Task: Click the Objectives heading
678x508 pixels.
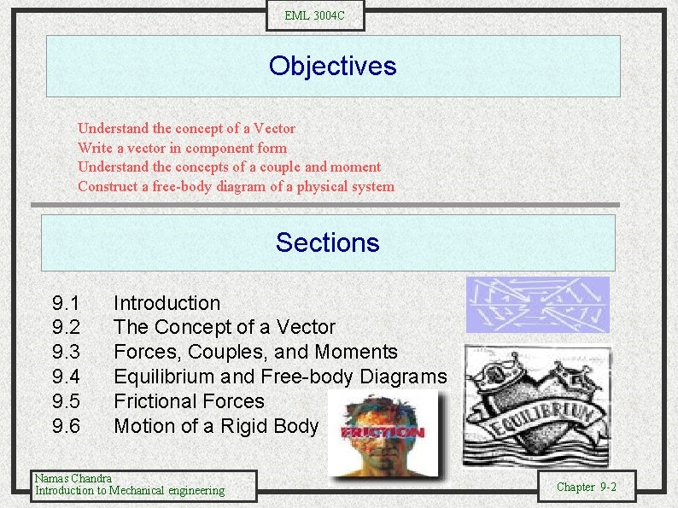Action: click(x=332, y=66)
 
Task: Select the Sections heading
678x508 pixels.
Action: click(x=327, y=242)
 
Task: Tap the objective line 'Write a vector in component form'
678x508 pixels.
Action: click(x=182, y=148)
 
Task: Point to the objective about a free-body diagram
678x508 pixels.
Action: click(x=236, y=186)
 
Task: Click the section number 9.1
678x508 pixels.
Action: click(x=66, y=303)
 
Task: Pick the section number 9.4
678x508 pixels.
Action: click(x=66, y=377)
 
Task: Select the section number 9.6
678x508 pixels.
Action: click(x=66, y=425)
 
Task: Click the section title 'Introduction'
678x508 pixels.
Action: click(x=167, y=303)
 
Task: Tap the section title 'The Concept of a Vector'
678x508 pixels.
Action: click(x=225, y=327)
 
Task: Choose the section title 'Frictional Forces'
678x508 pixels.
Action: click(x=189, y=401)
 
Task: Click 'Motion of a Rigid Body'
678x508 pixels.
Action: click(x=215, y=425)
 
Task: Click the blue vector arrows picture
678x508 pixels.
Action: click(x=537, y=304)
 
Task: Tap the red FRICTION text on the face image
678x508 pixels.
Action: click(x=382, y=432)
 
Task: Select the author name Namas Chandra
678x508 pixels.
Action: click(x=73, y=478)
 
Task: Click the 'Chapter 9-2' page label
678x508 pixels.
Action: click(x=586, y=487)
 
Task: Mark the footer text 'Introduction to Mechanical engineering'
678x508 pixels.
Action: click(x=129, y=490)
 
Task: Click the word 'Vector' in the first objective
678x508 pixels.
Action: click(x=274, y=128)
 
